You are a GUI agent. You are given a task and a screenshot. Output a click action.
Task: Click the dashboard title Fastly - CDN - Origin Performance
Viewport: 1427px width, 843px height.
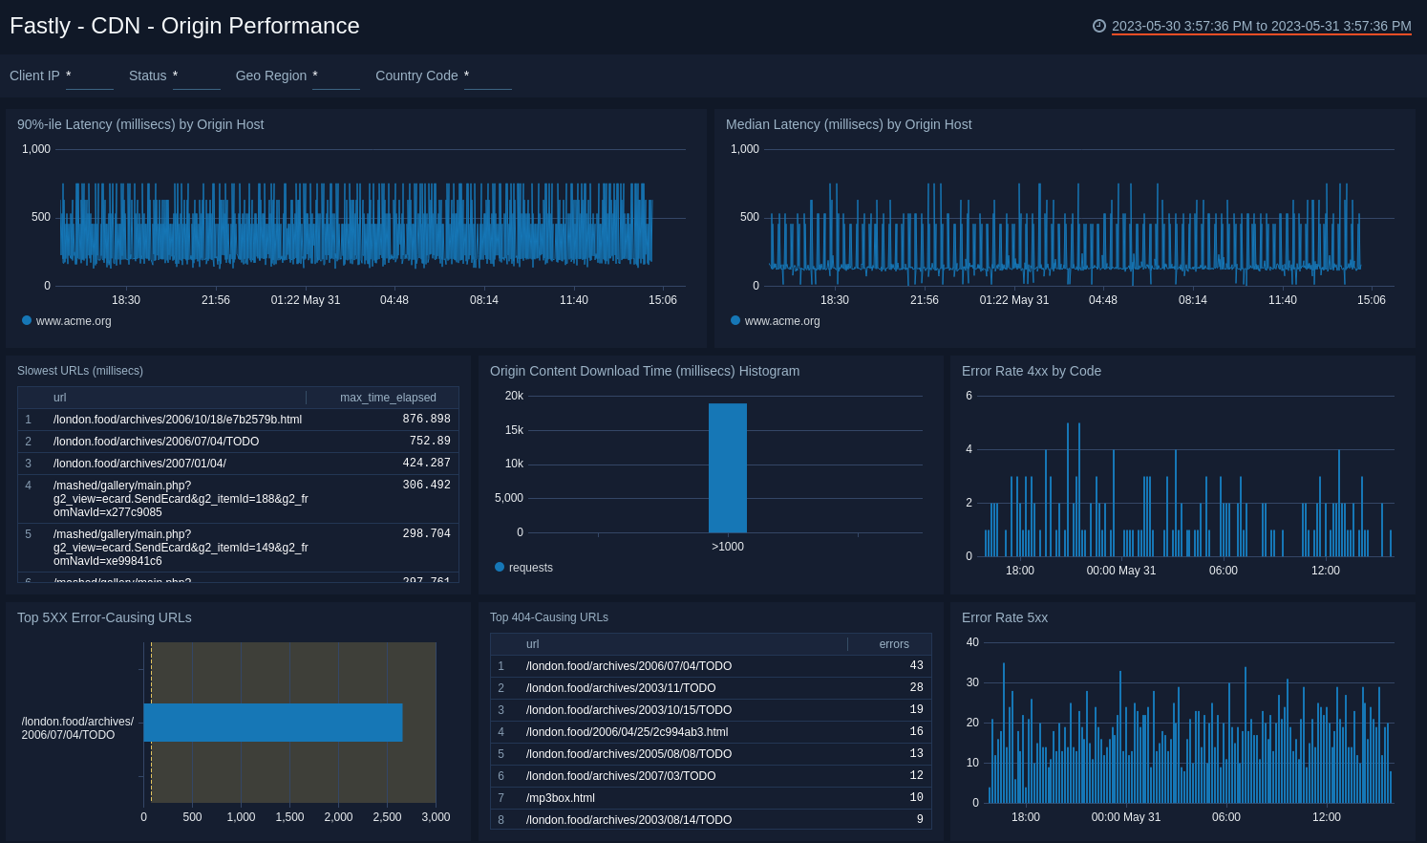click(184, 26)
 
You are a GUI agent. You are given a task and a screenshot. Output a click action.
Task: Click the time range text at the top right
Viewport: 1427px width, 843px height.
click(1261, 26)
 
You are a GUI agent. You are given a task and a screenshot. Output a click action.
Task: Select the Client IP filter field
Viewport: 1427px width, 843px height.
click(89, 76)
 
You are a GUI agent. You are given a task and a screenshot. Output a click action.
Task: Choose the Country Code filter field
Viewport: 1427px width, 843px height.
click(487, 76)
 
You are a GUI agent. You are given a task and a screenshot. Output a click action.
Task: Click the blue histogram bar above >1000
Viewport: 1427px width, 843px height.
click(727, 467)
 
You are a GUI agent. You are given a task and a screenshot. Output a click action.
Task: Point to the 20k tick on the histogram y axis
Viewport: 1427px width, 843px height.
click(514, 396)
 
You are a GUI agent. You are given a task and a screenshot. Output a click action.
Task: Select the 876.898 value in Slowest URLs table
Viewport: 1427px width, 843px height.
click(426, 420)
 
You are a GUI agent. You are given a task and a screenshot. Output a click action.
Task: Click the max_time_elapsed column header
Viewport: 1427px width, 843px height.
click(388, 398)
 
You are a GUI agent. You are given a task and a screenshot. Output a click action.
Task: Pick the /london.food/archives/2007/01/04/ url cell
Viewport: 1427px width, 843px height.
click(139, 464)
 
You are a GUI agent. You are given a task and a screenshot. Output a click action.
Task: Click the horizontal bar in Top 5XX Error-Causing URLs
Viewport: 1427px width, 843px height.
click(273, 723)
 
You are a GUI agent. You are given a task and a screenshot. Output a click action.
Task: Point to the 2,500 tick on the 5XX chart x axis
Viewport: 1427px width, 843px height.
click(387, 817)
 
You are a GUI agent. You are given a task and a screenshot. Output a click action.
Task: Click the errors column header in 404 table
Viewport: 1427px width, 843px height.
click(893, 644)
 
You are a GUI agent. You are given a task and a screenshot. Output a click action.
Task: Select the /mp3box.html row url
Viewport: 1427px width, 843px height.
click(560, 798)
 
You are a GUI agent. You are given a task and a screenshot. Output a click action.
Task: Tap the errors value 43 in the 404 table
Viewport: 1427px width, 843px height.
click(916, 666)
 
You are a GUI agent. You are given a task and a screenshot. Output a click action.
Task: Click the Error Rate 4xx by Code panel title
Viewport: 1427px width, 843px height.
click(1031, 371)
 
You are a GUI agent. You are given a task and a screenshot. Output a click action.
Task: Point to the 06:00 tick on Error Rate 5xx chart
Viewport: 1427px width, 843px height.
click(1225, 817)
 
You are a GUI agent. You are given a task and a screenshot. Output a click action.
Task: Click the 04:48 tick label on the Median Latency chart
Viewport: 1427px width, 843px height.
click(1102, 300)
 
